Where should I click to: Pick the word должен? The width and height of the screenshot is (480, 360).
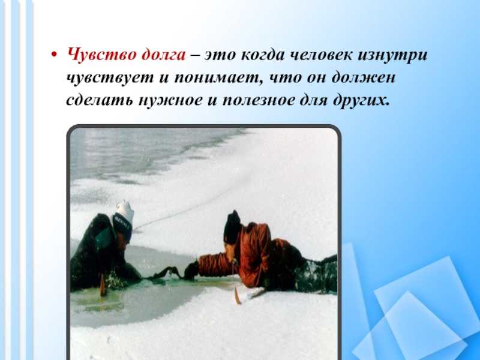(364, 77)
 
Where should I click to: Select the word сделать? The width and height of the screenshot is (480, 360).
(100, 100)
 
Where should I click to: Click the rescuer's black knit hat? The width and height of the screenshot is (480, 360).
(232, 227)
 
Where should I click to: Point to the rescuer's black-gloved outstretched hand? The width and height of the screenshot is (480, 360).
(191, 271)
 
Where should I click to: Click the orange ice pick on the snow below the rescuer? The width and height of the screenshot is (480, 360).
(238, 296)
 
